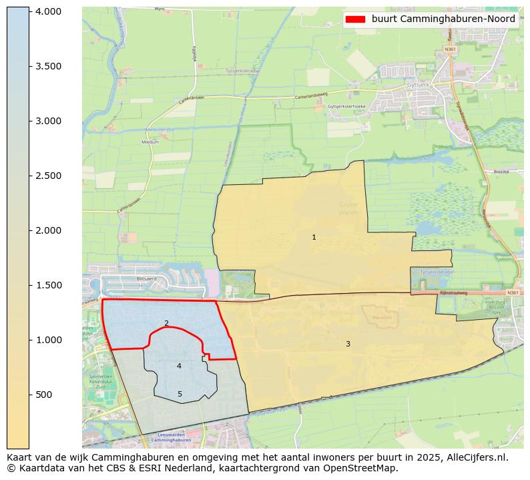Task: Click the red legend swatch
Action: click(355, 19)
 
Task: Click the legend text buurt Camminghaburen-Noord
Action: click(443, 19)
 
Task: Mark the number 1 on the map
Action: click(314, 237)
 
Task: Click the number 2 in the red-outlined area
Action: click(166, 323)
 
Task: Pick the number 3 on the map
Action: click(348, 344)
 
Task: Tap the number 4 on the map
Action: click(179, 366)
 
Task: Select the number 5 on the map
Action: click(180, 394)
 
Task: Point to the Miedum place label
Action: click(150, 142)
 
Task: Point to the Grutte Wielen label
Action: click(348, 208)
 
